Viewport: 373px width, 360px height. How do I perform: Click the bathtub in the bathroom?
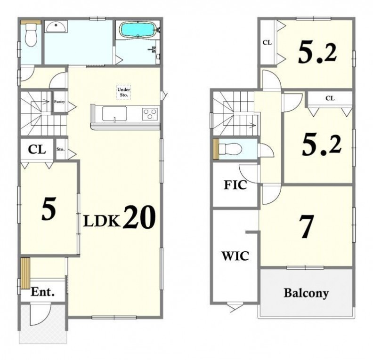[138, 30]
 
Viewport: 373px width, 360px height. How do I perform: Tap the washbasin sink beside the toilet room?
[56, 27]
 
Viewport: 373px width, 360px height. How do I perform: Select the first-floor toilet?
[31, 35]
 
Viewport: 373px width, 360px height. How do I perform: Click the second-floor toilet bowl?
[230, 149]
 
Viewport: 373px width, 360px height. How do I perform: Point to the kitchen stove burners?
[150, 113]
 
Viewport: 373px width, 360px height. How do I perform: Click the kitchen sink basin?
[114, 113]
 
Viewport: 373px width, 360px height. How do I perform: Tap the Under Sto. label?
[124, 92]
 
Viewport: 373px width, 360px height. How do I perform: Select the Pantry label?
[59, 102]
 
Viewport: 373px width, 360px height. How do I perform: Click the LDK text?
[102, 222]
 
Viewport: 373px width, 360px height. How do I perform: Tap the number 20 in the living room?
[139, 218]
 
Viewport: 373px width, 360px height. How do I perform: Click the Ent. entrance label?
[43, 292]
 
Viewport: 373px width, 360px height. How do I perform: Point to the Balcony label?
[306, 293]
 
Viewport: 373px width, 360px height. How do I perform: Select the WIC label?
[235, 256]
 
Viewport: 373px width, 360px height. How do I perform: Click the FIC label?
[235, 185]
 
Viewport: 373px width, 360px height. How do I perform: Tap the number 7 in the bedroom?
[307, 226]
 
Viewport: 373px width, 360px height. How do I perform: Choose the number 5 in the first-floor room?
[49, 208]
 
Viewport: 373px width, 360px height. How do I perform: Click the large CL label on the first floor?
[37, 150]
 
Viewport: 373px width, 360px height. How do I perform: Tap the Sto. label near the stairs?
[60, 150]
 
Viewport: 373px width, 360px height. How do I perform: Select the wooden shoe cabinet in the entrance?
[25, 273]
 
